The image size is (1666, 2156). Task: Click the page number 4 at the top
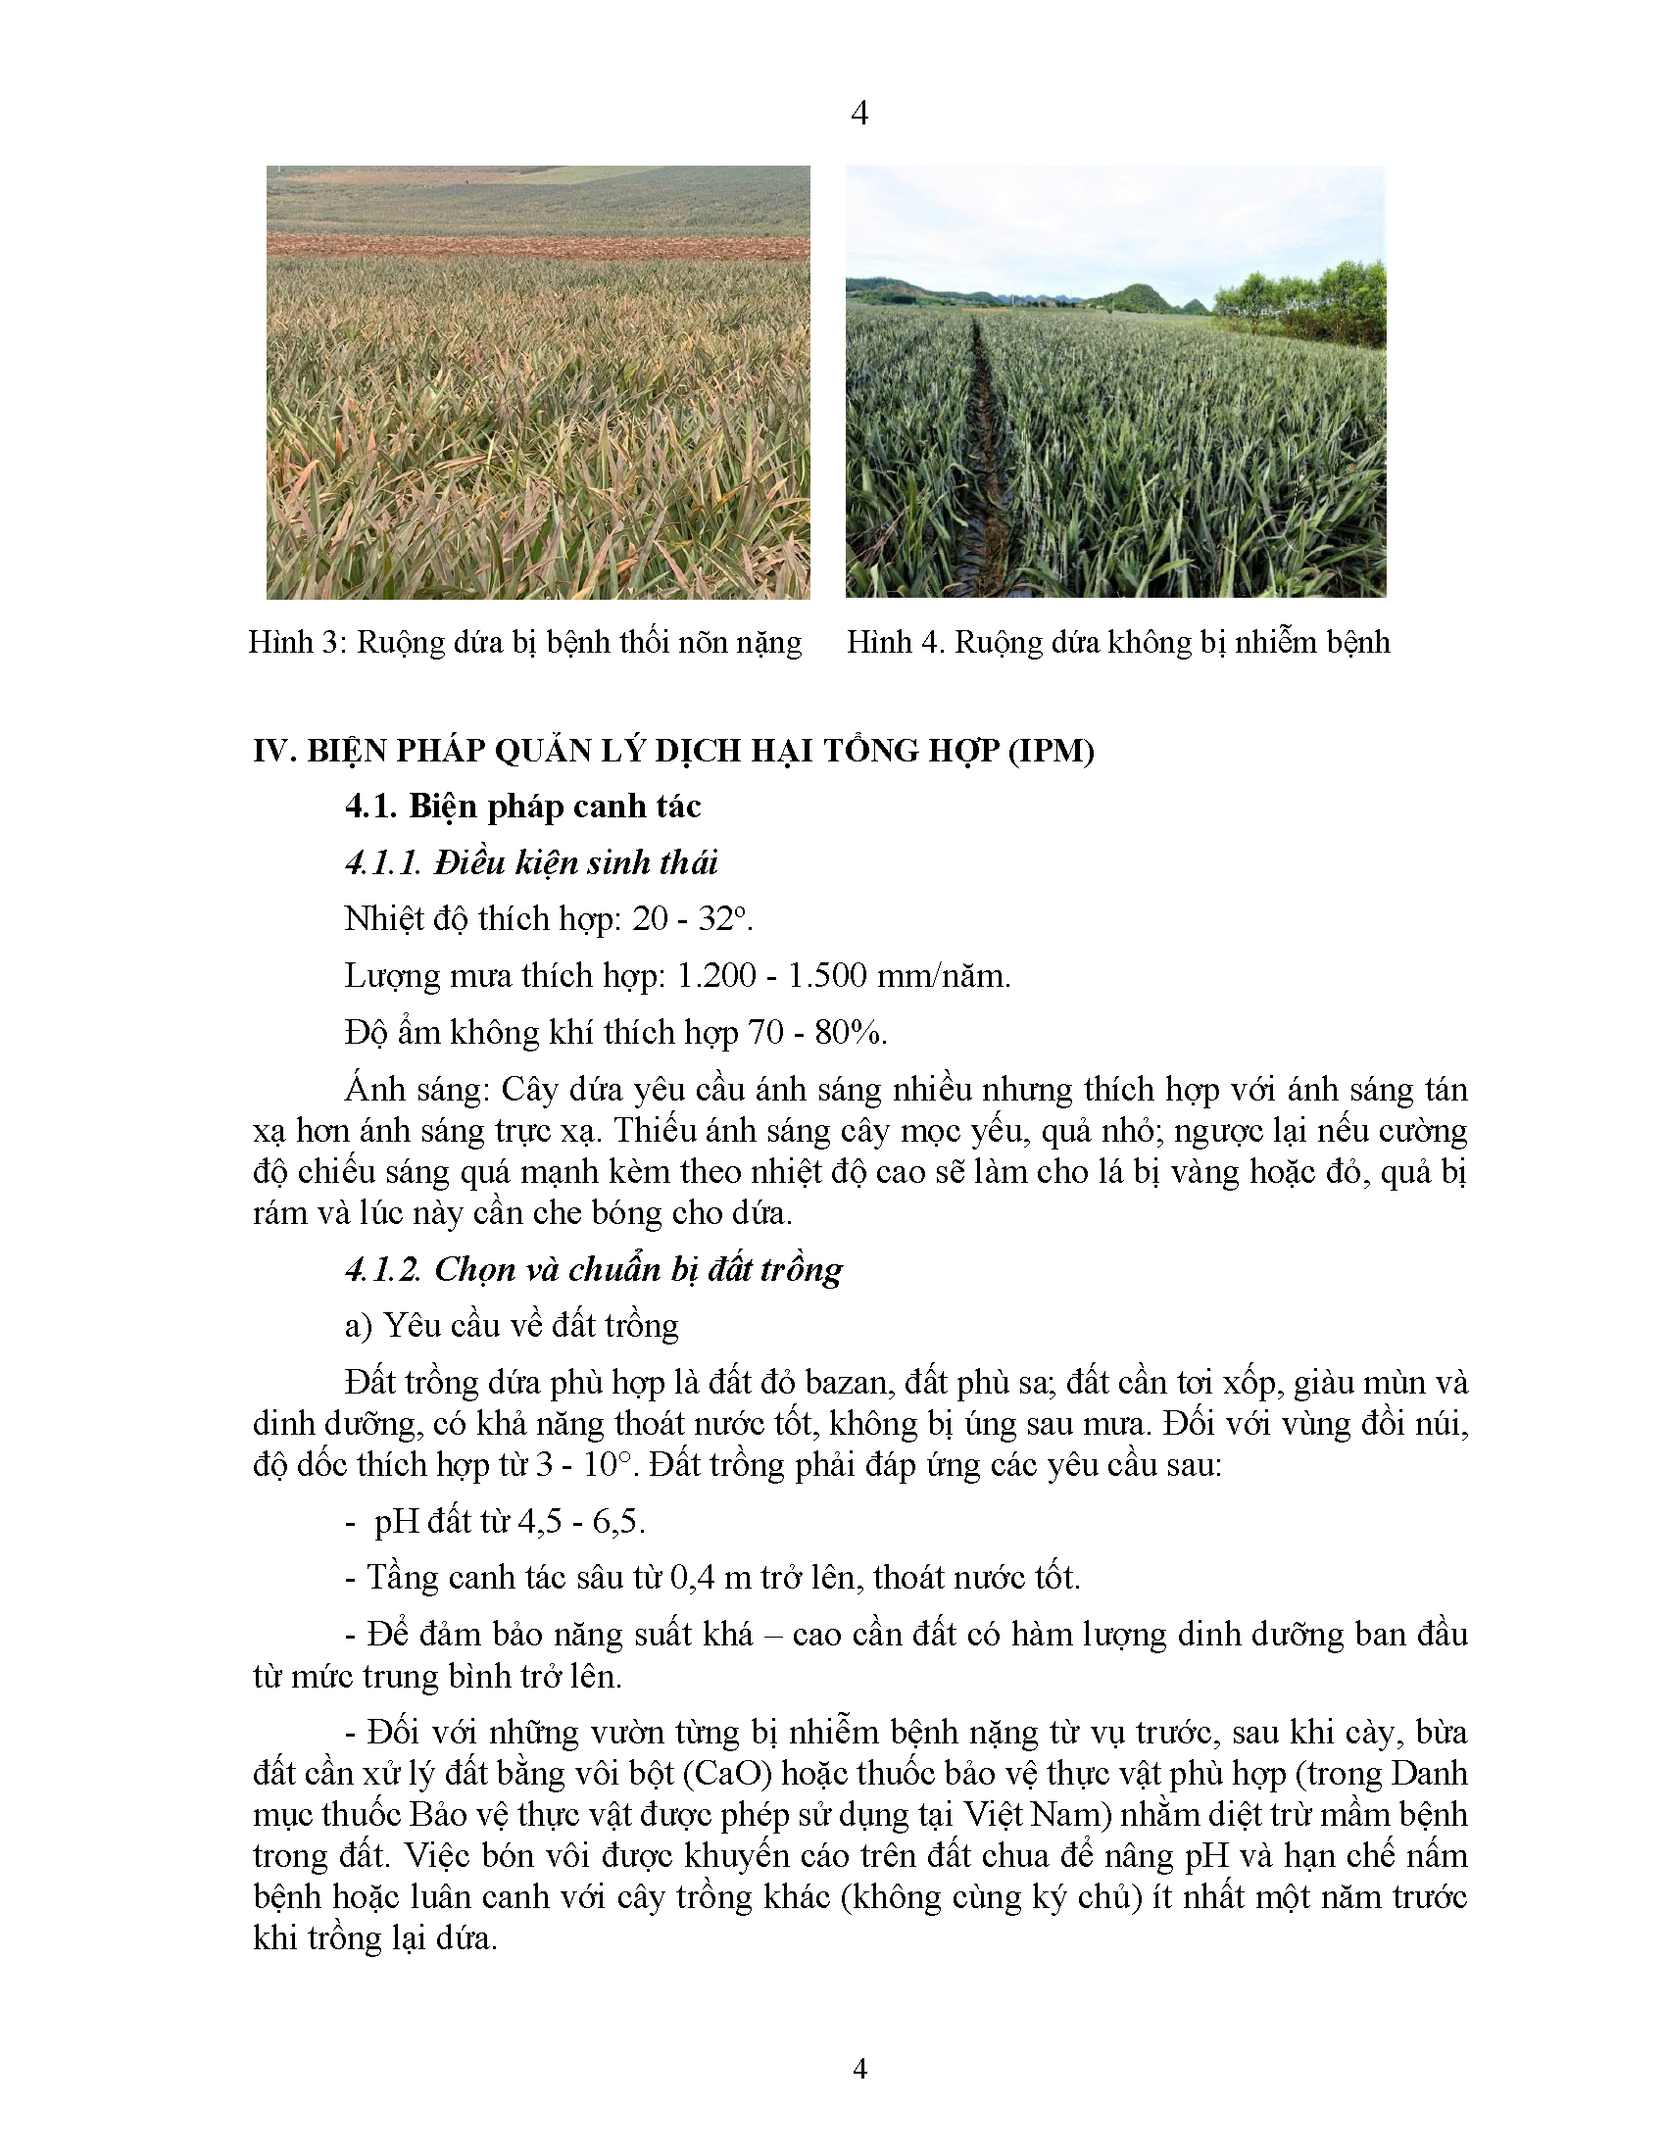(858, 114)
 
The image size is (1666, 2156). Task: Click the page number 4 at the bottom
(859, 2068)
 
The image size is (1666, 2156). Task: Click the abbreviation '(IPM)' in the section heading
(1051, 751)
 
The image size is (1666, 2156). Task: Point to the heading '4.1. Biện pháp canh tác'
(522, 807)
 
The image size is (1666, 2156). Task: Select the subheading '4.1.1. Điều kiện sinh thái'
(531, 862)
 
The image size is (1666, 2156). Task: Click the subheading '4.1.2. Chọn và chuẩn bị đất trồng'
(593, 1269)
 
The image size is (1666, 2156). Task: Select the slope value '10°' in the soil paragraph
(606, 1464)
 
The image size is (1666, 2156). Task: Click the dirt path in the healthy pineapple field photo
(988, 444)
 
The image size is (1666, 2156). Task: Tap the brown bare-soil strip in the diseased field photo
(538, 246)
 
